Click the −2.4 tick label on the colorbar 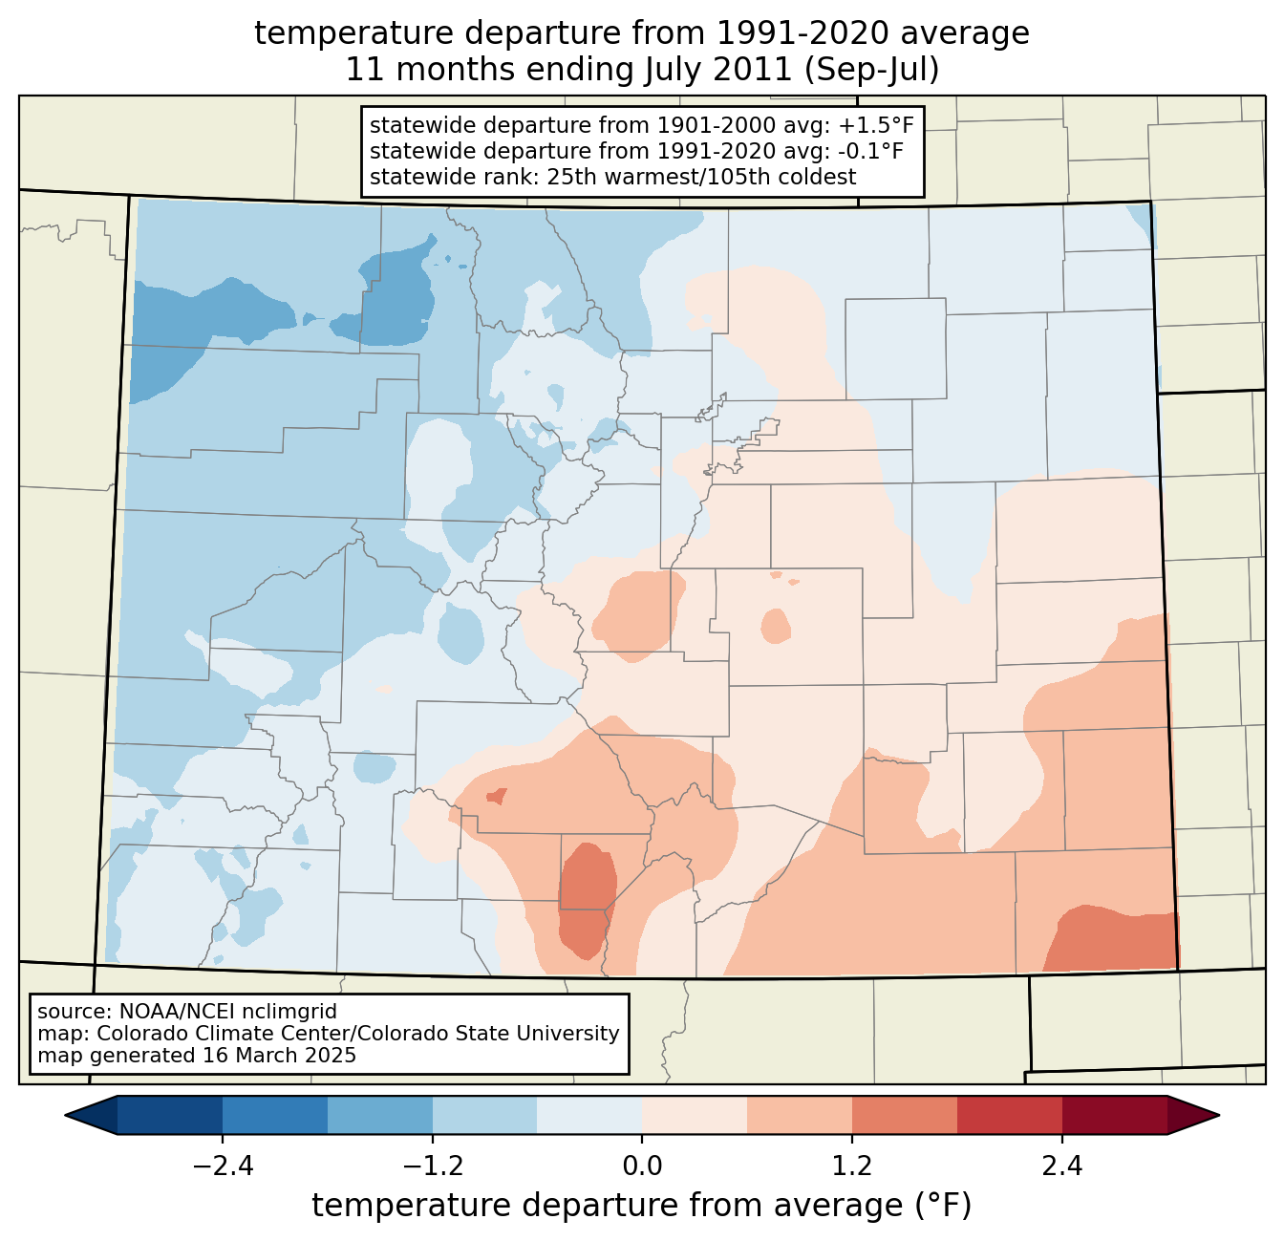223,1166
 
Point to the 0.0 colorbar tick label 642,1166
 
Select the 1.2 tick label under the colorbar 852,1166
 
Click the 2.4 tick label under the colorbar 1062,1166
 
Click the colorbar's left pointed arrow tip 65,1116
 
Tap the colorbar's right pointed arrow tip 1219,1116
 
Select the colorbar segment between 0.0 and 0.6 695,1116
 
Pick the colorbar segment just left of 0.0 589,1116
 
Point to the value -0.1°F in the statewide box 871,151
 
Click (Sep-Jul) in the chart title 871,70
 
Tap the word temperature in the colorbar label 411,1206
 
